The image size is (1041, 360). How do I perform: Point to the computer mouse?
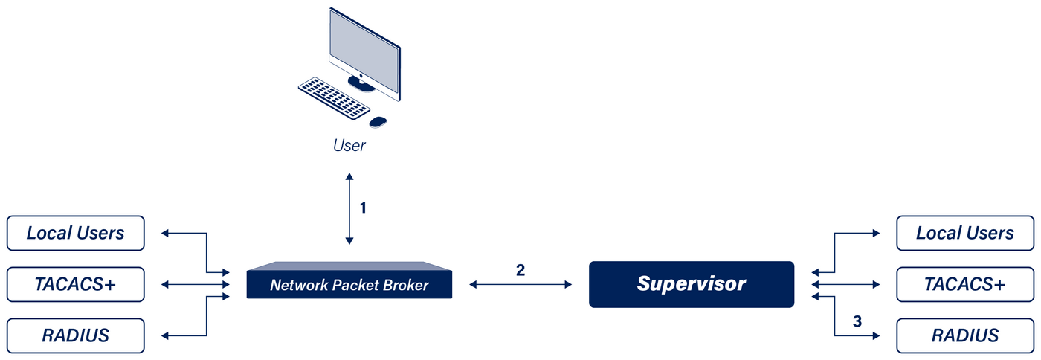pos(378,121)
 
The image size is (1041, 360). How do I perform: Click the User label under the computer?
pos(349,145)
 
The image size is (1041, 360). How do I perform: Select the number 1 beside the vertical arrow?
pos(363,208)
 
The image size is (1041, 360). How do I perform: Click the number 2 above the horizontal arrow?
pos(520,269)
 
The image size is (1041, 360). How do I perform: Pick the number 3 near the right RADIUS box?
pos(857,321)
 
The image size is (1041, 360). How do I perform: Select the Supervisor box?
pos(691,283)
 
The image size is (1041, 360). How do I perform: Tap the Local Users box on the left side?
pos(75,233)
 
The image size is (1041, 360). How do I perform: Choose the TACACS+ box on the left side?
pos(75,284)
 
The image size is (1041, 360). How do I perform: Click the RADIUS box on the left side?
pos(75,335)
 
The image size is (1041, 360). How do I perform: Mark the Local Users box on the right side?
pos(964,233)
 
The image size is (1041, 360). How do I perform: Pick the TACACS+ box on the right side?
pos(964,284)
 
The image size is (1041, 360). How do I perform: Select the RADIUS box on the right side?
pos(964,335)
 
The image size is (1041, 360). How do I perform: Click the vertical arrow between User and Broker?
pos(349,208)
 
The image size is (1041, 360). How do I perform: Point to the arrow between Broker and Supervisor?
pos(520,284)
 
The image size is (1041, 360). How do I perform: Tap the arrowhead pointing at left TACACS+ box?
pos(164,284)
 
